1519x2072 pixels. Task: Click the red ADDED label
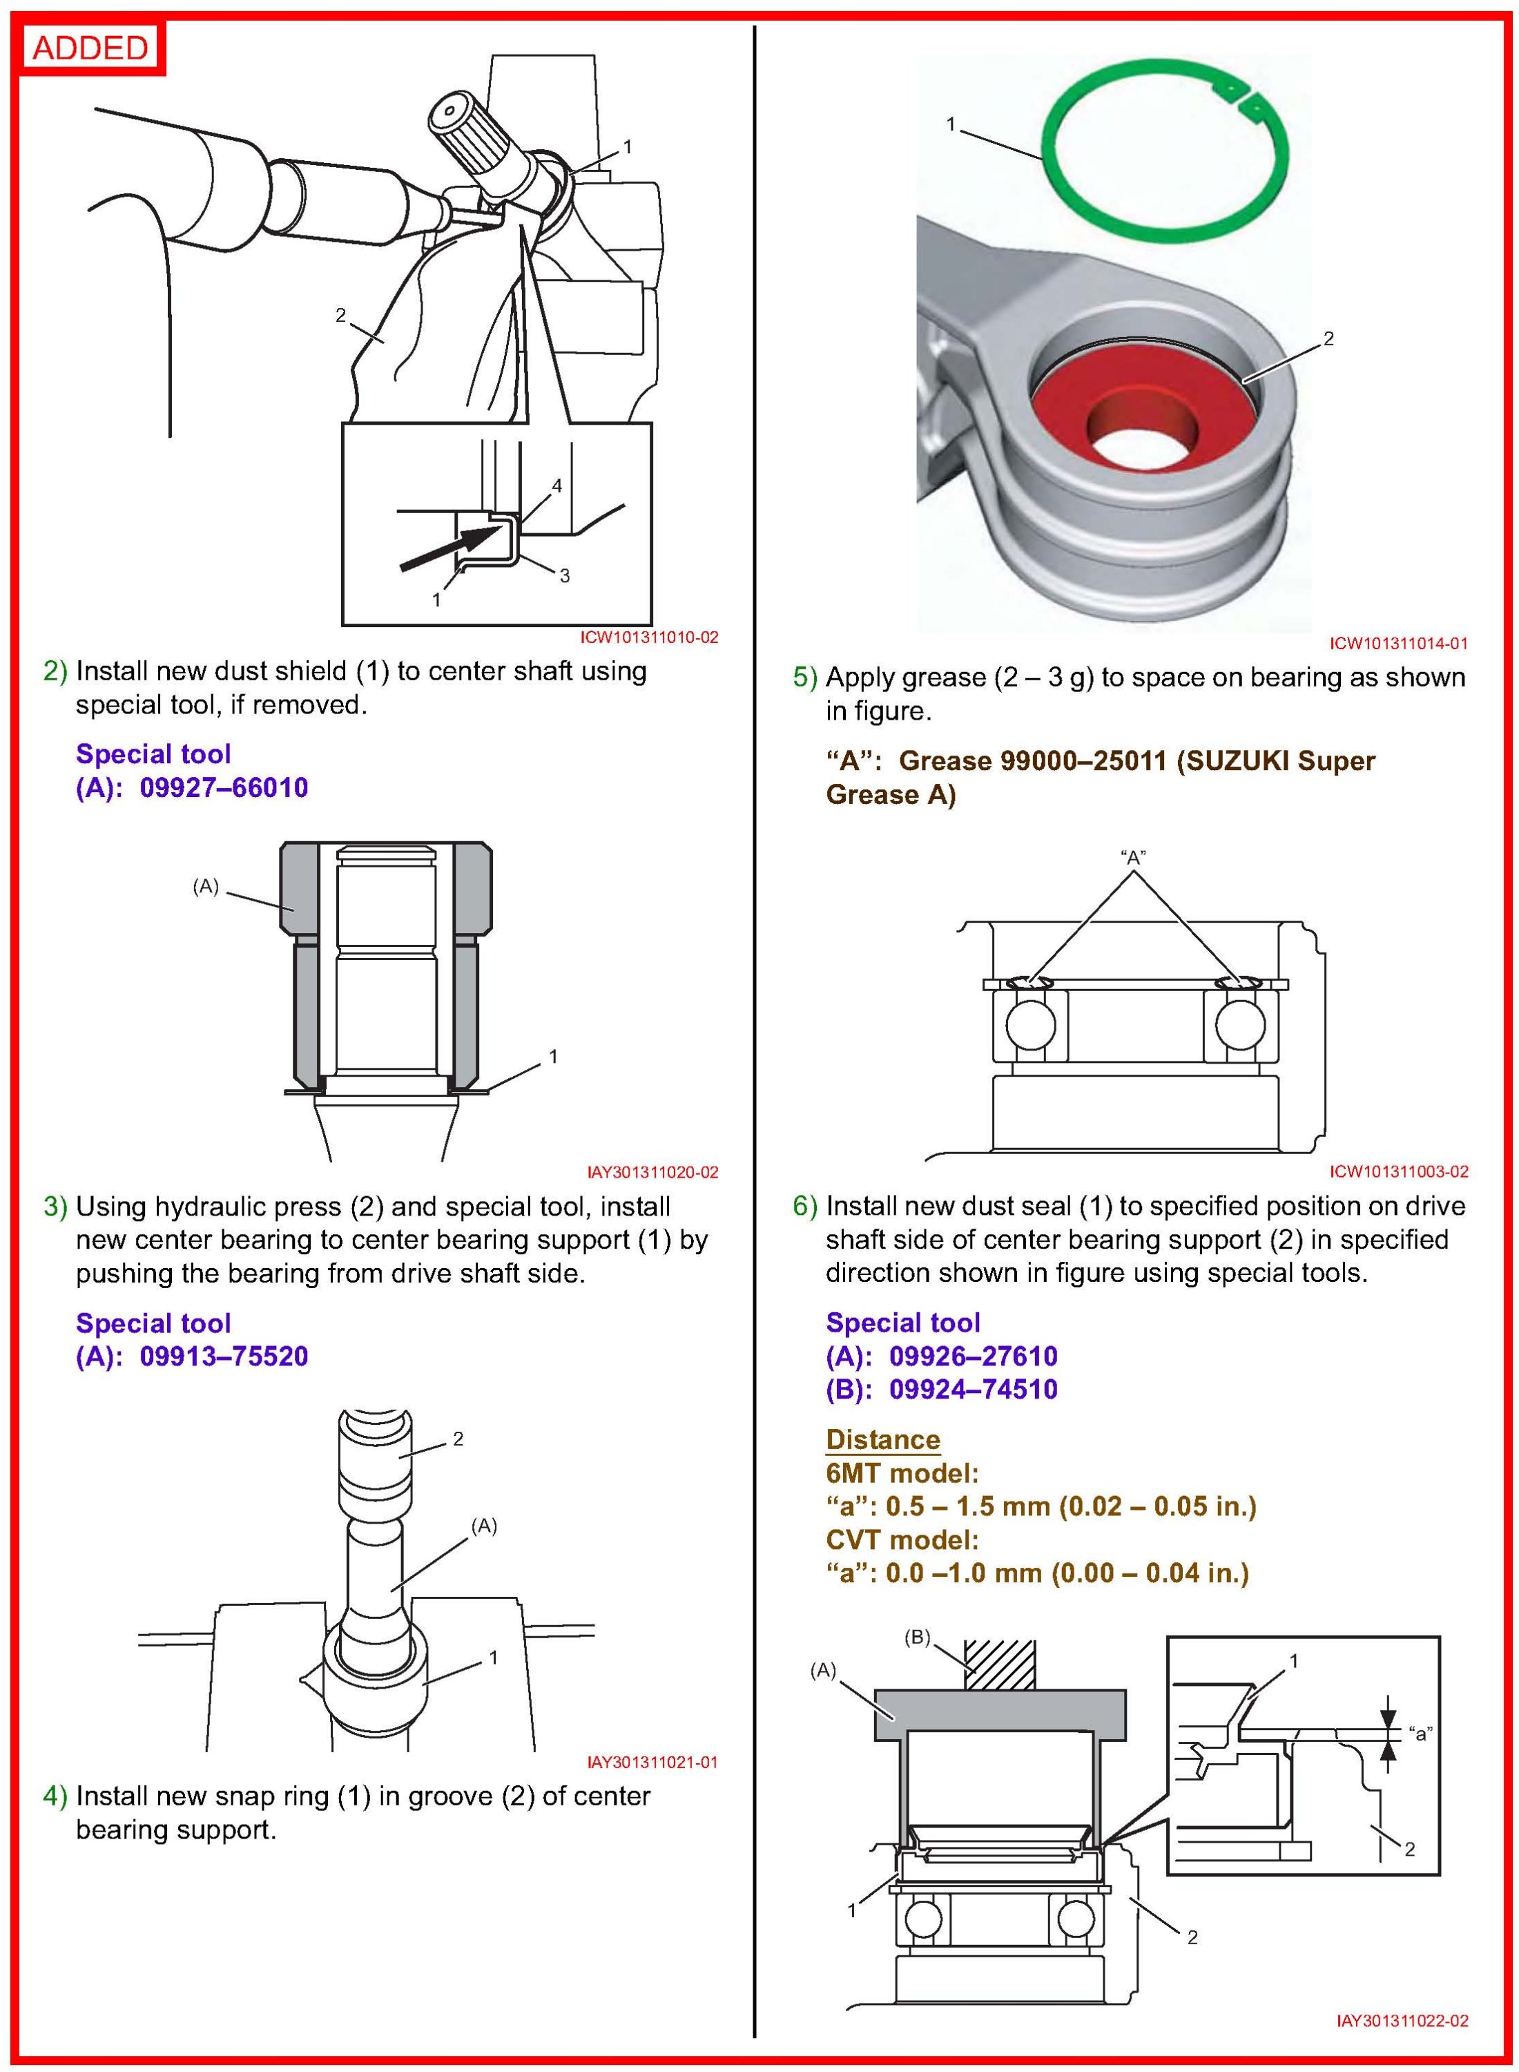click(x=90, y=47)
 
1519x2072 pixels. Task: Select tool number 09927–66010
click(x=224, y=788)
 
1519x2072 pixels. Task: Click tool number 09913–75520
click(x=224, y=1356)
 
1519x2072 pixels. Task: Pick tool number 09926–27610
click(x=973, y=1356)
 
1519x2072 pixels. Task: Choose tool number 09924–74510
click(x=973, y=1390)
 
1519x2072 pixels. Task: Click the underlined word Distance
click(x=882, y=1440)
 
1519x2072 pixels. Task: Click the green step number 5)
click(x=804, y=678)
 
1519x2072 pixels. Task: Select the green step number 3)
click(x=55, y=1207)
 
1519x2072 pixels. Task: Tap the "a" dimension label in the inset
click(x=1421, y=1734)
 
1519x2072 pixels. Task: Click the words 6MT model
click(x=902, y=1474)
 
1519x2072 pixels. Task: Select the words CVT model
click(x=902, y=1540)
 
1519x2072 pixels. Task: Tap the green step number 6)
click(x=804, y=1207)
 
